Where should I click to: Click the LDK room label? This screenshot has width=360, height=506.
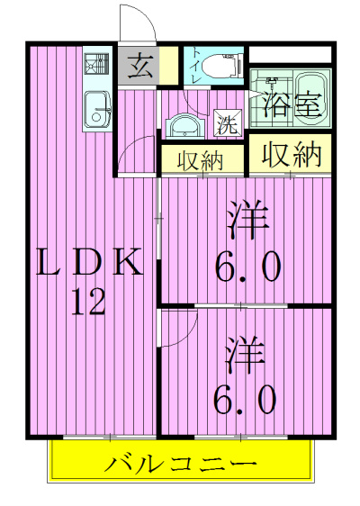click(x=89, y=262)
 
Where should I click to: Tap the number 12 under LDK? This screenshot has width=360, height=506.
click(x=88, y=302)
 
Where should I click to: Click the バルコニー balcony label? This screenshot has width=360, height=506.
click(x=181, y=465)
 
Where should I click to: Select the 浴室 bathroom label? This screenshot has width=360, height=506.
click(x=292, y=104)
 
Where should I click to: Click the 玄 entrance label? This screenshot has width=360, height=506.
click(x=139, y=66)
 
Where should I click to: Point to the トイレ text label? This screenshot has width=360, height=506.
click(x=196, y=66)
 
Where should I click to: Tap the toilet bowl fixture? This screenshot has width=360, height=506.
click(x=222, y=66)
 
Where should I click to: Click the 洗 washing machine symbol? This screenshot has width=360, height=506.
click(x=229, y=123)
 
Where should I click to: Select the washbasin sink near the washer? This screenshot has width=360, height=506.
click(x=184, y=127)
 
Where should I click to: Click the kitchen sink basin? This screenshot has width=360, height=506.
click(x=97, y=110)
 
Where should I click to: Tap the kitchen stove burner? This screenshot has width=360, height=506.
click(x=97, y=64)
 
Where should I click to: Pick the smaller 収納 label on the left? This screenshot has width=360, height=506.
click(x=201, y=160)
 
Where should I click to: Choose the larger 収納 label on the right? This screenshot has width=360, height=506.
click(x=292, y=154)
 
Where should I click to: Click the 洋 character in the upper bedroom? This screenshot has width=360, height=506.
click(x=247, y=219)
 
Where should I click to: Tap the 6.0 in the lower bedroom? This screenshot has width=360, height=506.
click(x=245, y=400)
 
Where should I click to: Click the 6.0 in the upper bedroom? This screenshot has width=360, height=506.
click(x=247, y=267)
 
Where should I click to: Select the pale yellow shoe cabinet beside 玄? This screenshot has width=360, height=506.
click(x=169, y=66)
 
